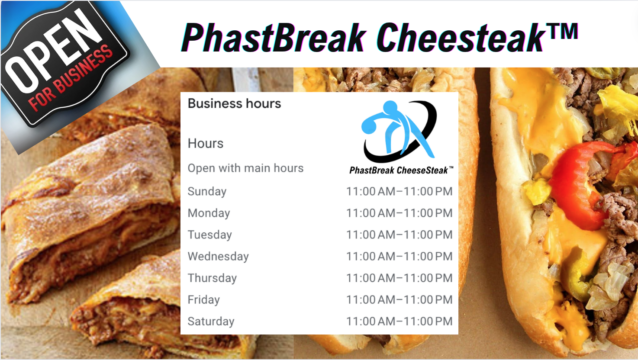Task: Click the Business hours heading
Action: [x=235, y=103]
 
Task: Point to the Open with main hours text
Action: [x=245, y=168]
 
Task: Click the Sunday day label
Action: [x=207, y=192]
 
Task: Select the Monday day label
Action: [x=209, y=213]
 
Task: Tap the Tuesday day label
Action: [x=210, y=235]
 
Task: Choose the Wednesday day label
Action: [x=218, y=257]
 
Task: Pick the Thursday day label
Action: [x=212, y=278]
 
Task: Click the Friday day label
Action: [x=203, y=300]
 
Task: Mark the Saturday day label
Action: [x=211, y=321]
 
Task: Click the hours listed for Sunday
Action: [x=400, y=191]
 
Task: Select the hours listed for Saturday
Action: [x=400, y=321]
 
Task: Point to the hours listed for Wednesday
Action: [x=400, y=256]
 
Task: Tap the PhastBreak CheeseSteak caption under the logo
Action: [x=401, y=170]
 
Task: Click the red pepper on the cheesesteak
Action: [x=581, y=182]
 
